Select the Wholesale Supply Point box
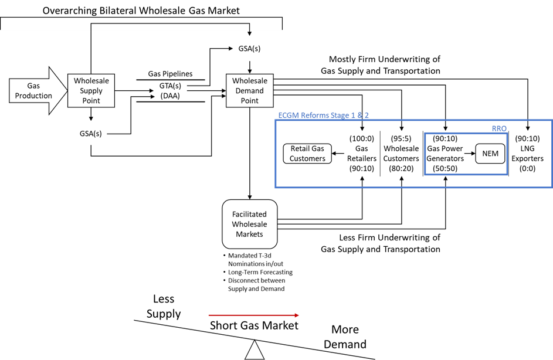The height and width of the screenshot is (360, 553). tap(91, 91)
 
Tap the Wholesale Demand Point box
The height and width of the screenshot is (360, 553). tap(249, 91)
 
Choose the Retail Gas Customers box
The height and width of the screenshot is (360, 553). tap(307, 154)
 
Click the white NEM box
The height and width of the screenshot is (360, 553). tap(490, 154)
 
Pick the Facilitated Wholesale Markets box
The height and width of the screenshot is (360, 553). tap(249, 224)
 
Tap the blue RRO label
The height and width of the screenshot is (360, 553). tap(498, 128)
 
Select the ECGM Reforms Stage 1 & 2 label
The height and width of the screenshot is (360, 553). tap(323, 116)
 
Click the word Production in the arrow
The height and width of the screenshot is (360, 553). tap(33, 96)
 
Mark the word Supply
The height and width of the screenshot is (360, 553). tap(91, 91)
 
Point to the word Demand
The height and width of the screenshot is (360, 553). tap(249, 91)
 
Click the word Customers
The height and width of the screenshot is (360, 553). tap(307, 159)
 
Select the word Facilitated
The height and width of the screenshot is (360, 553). tap(249, 215)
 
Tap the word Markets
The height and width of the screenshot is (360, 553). tap(249, 234)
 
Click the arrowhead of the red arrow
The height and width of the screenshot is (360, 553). tap(296, 315)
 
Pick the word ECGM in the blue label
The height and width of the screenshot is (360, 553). tap(289, 116)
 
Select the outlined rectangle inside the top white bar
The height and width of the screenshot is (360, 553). tap(170, 27)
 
